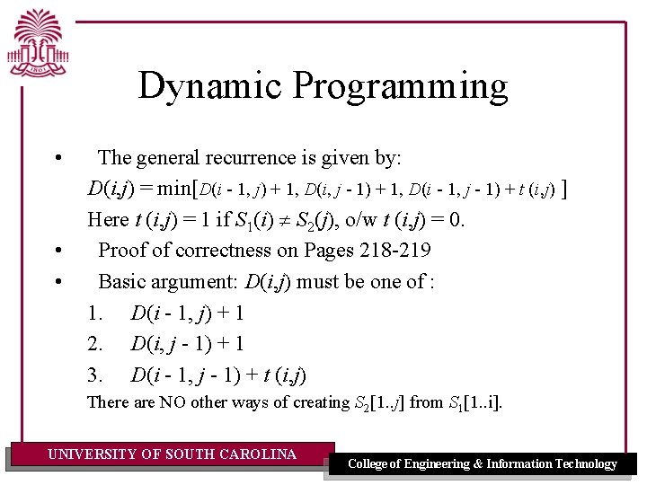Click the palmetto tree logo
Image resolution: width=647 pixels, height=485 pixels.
(x=39, y=43)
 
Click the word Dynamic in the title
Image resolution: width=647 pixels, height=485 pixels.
(x=210, y=86)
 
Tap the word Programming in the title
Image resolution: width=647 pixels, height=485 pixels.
(x=401, y=86)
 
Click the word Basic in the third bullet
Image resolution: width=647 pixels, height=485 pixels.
(x=123, y=282)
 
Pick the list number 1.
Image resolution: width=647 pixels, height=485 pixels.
(x=93, y=313)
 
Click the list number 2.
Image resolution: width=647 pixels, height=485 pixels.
(x=93, y=344)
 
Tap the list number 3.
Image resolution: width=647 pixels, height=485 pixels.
(x=93, y=375)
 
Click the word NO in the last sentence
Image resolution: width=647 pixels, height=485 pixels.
(x=173, y=402)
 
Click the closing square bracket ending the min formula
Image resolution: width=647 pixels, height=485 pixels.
(x=563, y=189)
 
